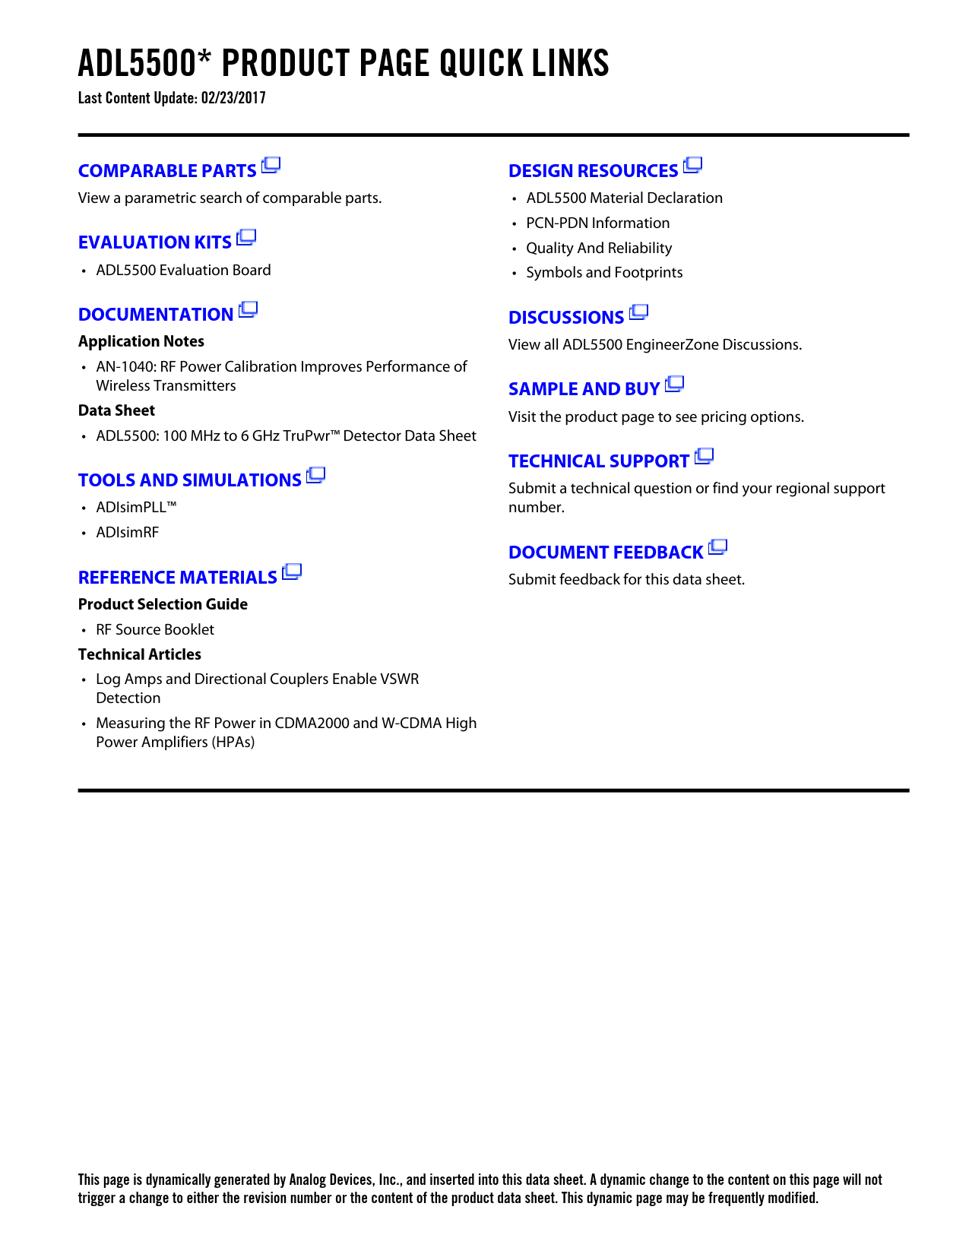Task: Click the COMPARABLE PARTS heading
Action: pyautogui.click(x=167, y=171)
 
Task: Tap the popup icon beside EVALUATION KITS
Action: pyautogui.click(x=246, y=238)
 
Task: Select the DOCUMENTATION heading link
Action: pyautogui.click(x=156, y=315)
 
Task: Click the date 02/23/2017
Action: pyautogui.click(x=233, y=98)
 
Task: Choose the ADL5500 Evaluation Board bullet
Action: pyautogui.click(x=183, y=271)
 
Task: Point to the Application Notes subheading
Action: pyautogui.click(x=141, y=341)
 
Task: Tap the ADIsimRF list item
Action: pyautogui.click(x=128, y=533)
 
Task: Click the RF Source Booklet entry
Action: pyautogui.click(x=155, y=630)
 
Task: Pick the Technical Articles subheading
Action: pyautogui.click(x=140, y=654)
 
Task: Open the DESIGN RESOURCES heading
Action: pyautogui.click(x=594, y=171)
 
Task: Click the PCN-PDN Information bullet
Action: pyautogui.click(x=597, y=223)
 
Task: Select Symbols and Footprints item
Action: pyautogui.click(x=604, y=273)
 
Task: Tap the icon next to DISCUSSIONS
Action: pyautogui.click(x=639, y=312)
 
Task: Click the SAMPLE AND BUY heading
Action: pyautogui.click(x=584, y=389)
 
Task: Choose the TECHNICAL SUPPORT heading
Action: pyautogui.click(x=599, y=461)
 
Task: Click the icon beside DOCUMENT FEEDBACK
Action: pyautogui.click(x=718, y=547)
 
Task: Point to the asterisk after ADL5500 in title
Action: pyautogui.click(x=204, y=57)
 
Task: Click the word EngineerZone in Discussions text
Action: pyautogui.click(x=672, y=345)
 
